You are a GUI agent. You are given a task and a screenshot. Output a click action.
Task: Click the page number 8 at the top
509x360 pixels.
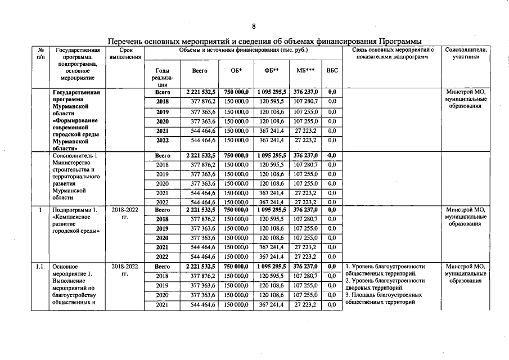coord(254,26)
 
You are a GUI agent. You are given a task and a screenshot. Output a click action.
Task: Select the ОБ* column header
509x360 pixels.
coord(236,71)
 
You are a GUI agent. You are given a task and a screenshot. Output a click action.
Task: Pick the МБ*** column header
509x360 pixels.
coord(305,71)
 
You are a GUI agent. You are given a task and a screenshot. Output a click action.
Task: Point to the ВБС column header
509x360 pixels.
coord(332,71)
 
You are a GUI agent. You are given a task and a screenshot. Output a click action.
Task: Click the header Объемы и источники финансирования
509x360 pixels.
coord(243,50)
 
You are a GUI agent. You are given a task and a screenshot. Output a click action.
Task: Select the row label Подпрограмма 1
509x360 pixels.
coord(76,210)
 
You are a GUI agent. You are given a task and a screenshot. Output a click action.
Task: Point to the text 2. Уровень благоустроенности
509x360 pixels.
coord(385,281)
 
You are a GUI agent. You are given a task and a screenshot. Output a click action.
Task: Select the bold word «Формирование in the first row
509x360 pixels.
coord(75,120)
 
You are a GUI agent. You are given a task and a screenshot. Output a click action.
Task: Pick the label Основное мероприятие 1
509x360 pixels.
coord(72,271)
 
